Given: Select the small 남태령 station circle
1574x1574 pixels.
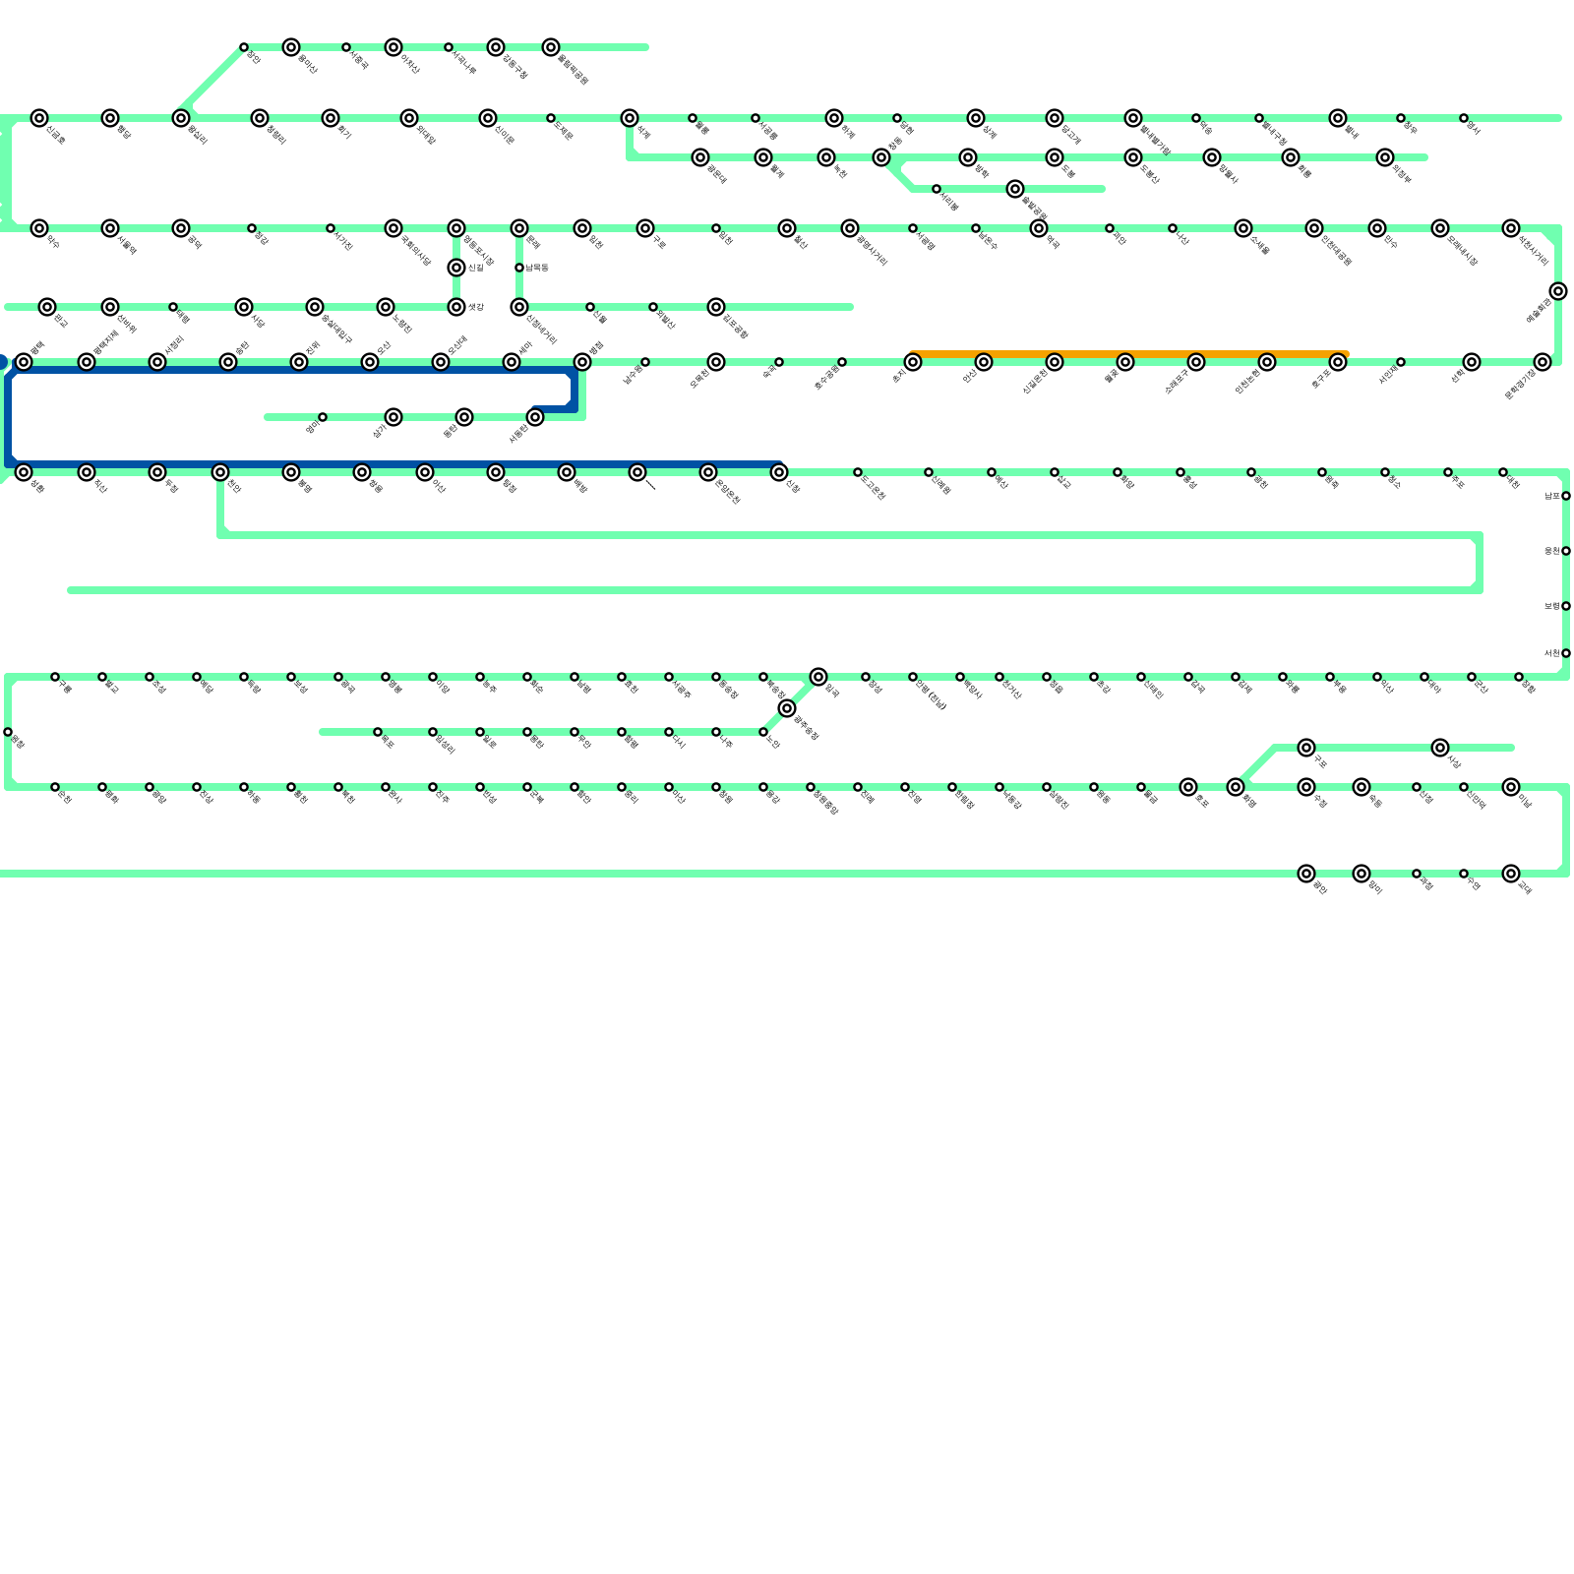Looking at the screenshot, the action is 519,268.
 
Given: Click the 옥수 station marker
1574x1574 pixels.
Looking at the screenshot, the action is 39,228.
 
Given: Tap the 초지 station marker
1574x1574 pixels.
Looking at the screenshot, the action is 913,362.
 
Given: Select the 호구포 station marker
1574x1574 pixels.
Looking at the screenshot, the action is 1338,362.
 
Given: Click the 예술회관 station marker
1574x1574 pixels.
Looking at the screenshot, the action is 1558,291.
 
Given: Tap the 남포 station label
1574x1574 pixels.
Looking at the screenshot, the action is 1551,497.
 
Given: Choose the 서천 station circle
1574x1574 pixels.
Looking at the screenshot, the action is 1566,653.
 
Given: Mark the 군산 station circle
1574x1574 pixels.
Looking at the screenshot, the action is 1472,677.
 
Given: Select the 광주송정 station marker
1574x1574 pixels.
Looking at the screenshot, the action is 787,708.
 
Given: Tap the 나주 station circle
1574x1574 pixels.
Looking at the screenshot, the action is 716,732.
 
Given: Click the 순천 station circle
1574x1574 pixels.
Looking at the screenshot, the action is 55,787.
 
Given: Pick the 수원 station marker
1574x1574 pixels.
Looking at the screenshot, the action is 1306,787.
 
